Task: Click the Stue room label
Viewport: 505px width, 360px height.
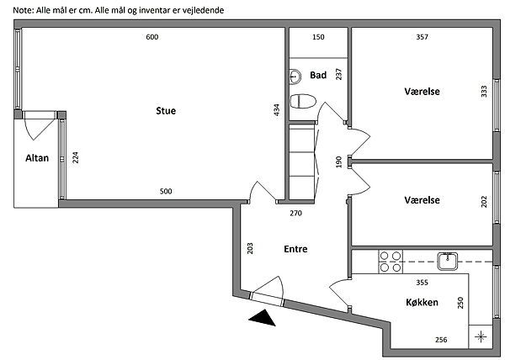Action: (165, 110)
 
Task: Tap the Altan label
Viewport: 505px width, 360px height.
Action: (36, 157)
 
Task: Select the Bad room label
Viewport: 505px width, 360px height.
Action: (317, 75)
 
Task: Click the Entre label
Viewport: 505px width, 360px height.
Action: (295, 249)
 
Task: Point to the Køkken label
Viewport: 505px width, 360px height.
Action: (421, 301)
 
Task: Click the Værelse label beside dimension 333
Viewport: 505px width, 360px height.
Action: (423, 91)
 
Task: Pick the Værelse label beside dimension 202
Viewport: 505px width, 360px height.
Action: (423, 200)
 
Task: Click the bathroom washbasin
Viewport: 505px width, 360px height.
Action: (294, 76)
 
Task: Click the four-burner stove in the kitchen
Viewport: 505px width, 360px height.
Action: (390, 262)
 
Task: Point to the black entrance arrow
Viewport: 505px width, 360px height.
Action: (264, 318)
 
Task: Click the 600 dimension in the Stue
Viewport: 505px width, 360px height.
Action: (151, 37)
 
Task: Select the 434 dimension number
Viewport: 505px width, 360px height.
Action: (276, 110)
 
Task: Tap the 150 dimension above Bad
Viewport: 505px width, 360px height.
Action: (318, 37)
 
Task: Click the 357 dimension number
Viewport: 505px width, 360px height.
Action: (423, 37)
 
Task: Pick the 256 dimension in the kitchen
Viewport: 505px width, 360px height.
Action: (440, 340)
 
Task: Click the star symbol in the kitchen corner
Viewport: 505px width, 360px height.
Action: (481, 337)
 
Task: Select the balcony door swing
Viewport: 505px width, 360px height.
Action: (38, 127)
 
